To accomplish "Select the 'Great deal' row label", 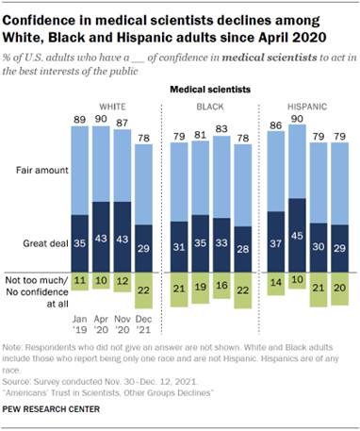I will point(38,242).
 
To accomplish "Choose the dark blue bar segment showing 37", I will point(276,242).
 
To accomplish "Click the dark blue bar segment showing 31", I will point(179,247).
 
